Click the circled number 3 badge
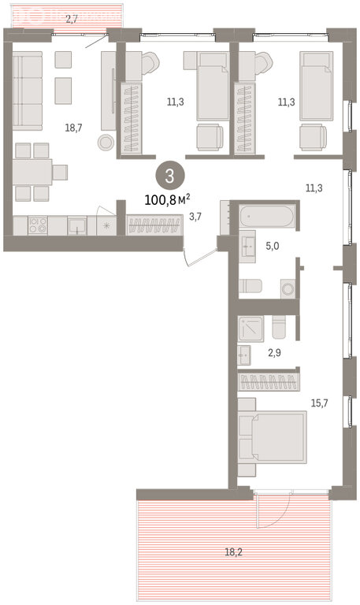click(170, 176)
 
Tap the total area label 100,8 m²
click(168, 199)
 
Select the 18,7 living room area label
click(73, 128)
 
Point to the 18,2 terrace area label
click(233, 552)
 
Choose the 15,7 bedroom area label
click(320, 403)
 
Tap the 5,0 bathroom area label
click(273, 247)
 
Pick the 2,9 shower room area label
click(274, 353)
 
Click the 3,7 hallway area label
click(195, 217)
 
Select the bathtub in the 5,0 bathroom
click(267, 217)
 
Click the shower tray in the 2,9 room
click(251, 328)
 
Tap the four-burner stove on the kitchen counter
click(38, 225)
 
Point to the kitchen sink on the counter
click(77, 226)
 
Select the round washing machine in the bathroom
click(288, 288)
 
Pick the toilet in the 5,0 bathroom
click(250, 286)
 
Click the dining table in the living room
click(32, 172)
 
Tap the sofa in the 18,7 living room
click(28, 91)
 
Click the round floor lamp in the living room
click(105, 143)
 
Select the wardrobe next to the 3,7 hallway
click(154, 225)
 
